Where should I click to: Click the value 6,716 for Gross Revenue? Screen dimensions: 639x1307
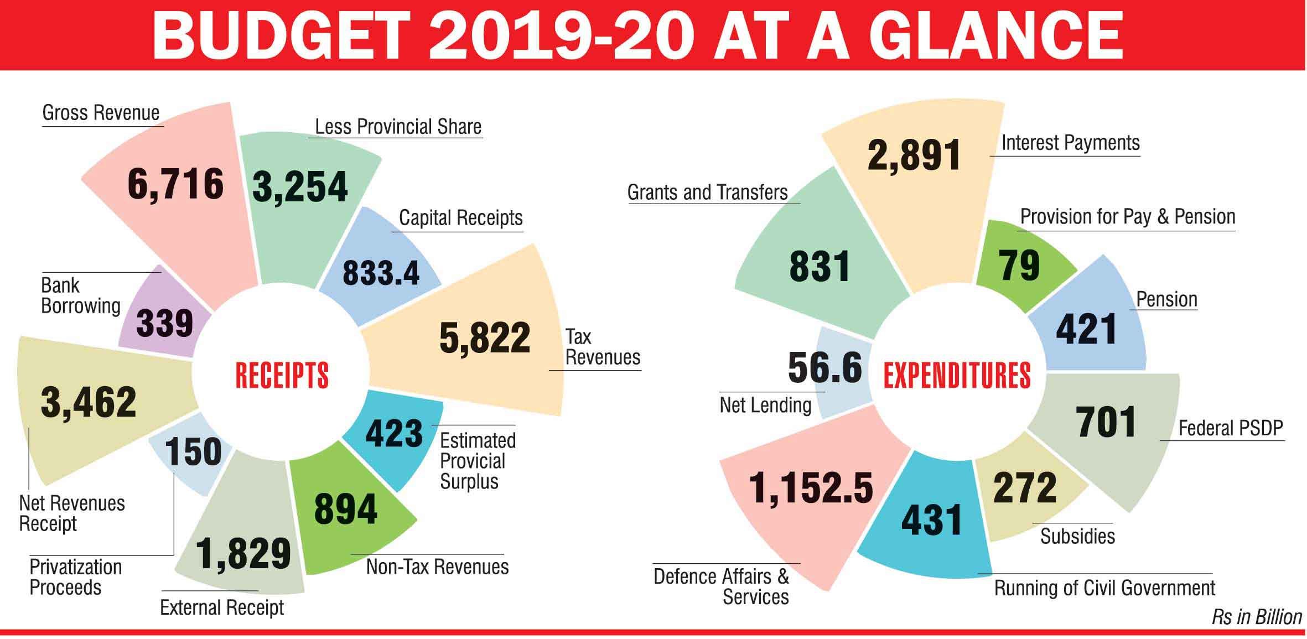(x=175, y=184)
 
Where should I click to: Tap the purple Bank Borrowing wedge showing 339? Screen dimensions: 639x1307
(x=164, y=323)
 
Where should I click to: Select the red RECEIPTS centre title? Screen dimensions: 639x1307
(x=282, y=376)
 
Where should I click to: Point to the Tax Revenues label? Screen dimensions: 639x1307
(x=602, y=347)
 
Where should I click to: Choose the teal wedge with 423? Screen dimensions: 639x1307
(x=394, y=433)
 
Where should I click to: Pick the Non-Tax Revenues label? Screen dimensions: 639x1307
(x=437, y=567)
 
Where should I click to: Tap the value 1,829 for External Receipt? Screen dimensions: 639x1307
(x=243, y=553)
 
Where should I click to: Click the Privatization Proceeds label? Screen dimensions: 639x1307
(x=75, y=577)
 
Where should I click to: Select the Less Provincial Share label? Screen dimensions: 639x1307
(x=398, y=127)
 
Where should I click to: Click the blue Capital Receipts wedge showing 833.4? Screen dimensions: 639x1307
(x=381, y=273)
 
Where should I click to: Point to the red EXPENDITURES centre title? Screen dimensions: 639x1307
(x=957, y=376)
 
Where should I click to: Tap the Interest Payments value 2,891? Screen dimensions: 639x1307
(x=914, y=155)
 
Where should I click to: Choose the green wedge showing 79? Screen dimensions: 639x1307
(x=1019, y=266)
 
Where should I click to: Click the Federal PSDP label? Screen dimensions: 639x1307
(x=1230, y=428)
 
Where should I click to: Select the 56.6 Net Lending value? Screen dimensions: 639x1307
(x=824, y=367)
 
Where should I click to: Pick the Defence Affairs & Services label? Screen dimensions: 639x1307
(x=722, y=586)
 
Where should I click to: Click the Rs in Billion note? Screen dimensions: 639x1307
(x=1257, y=617)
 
